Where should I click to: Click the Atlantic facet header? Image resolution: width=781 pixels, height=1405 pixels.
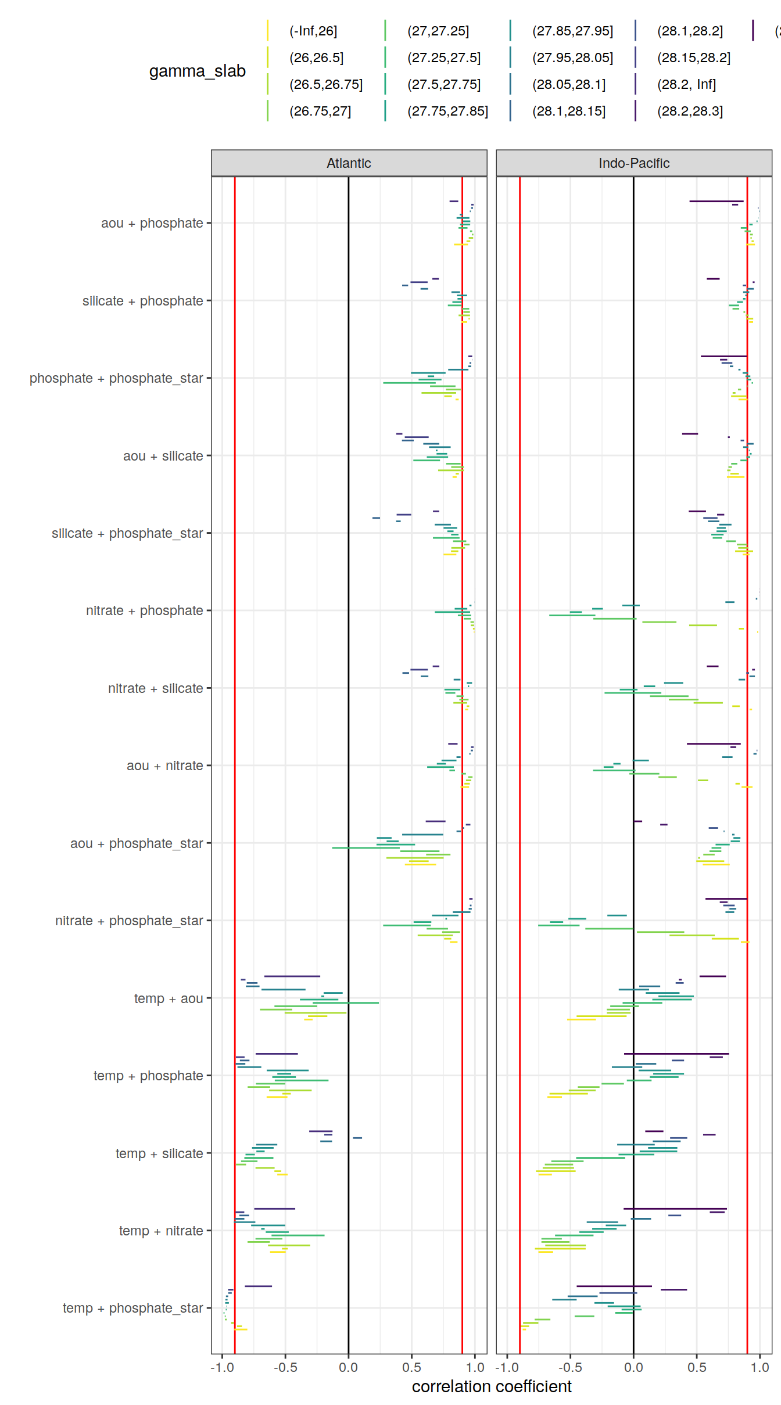(x=349, y=163)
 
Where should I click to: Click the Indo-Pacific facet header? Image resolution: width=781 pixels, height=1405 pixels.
(x=633, y=163)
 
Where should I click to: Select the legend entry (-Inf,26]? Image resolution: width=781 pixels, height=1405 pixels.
(x=313, y=31)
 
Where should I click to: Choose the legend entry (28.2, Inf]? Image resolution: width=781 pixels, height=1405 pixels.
(x=686, y=84)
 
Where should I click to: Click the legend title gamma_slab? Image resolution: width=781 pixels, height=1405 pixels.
(x=197, y=71)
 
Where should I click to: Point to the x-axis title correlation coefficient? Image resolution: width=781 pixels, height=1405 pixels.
(x=492, y=1386)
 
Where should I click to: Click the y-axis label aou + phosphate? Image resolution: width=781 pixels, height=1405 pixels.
(x=152, y=223)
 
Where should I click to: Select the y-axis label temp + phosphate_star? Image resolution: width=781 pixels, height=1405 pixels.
(x=132, y=1308)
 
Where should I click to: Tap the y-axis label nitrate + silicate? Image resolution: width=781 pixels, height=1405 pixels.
(x=155, y=688)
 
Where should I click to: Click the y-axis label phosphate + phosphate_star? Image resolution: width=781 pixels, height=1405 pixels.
(x=116, y=378)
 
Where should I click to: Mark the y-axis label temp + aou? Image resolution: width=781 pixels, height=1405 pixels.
(x=169, y=998)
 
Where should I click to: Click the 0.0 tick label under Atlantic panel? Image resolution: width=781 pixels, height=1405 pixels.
(x=348, y=1367)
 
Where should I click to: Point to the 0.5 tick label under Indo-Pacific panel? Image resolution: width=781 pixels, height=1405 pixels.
(x=697, y=1367)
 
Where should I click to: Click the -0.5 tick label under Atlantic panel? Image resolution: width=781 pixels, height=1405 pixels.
(x=285, y=1367)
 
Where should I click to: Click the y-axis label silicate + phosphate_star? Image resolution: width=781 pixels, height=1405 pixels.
(x=127, y=533)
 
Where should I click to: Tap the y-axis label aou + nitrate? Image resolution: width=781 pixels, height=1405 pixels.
(x=164, y=766)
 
